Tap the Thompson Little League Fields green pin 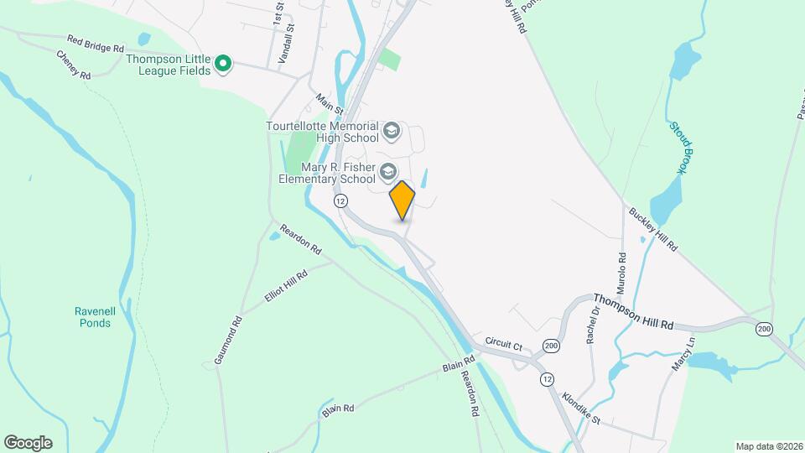(x=223, y=64)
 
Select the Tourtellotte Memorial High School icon (x=391, y=130)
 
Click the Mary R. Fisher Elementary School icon (x=387, y=172)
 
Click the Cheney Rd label (x=73, y=65)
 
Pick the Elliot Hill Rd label (x=286, y=287)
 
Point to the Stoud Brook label (x=678, y=148)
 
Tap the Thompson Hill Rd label (x=634, y=311)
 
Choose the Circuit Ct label (x=503, y=343)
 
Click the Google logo (x=28, y=442)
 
